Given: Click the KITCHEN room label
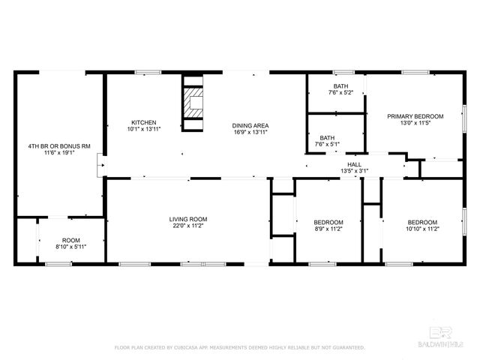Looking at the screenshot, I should coord(144,122).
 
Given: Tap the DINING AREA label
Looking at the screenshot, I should coord(250,125).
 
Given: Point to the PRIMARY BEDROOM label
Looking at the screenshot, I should coord(415,116).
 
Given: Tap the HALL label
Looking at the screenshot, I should coord(354,164).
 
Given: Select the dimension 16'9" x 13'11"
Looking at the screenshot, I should coord(250,132).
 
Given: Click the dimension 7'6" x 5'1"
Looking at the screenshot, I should coord(327,144).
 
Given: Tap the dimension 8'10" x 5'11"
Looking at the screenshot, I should coord(71,247).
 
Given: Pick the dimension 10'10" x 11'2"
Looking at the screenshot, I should coord(422,229).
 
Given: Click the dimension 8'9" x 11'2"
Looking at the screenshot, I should coord(328,229).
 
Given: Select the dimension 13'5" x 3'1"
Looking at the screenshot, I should coord(354,171).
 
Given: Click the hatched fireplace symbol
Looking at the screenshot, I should coord(194,104).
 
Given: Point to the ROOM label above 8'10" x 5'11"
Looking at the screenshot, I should coord(71,240).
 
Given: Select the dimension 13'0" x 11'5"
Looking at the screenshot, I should coord(415,123).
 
